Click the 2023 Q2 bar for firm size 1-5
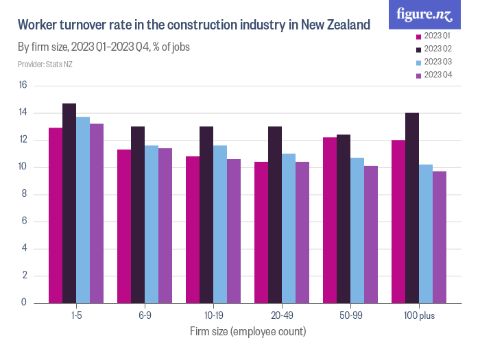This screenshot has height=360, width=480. click(69, 203)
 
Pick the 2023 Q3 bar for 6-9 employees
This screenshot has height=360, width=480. click(152, 224)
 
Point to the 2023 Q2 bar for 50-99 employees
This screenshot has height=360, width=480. click(344, 219)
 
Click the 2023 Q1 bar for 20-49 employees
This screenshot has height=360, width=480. click(261, 232)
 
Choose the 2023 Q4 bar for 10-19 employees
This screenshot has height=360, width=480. click(234, 231)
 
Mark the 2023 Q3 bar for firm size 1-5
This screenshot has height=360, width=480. click(83, 210)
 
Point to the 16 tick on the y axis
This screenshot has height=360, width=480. click(23, 86)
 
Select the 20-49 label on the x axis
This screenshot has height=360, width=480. click(282, 315)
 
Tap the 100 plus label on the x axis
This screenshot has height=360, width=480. click(419, 315)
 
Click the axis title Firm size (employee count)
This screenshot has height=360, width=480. click(248, 331)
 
